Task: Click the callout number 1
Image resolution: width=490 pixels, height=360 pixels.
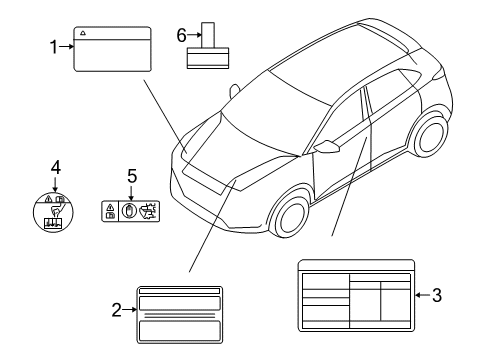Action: click(x=55, y=45)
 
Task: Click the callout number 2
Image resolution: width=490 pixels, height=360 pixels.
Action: click(x=118, y=310)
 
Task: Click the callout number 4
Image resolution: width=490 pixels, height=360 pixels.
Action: click(x=56, y=166)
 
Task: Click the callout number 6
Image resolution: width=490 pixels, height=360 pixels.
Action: click(x=182, y=35)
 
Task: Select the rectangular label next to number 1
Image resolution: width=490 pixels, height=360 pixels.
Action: click(x=112, y=48)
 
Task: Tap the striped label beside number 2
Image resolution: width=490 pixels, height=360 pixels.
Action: click(x=180, y=310)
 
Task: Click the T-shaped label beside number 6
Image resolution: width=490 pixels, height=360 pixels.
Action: click(x=209, y=46)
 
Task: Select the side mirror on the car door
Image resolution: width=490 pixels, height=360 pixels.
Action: click(x=326, y=147)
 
